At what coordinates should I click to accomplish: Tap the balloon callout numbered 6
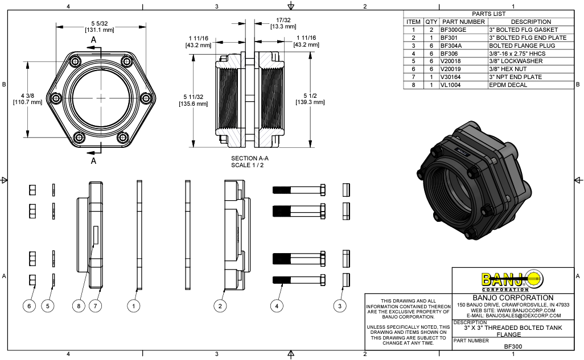(x=29, y=306)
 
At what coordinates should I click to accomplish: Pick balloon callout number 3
(x=340, y=306)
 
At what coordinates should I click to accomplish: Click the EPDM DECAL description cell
(x=508, y=85)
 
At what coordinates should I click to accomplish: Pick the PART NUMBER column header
(x=463, y=22)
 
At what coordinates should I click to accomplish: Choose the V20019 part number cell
(x=452, y=69)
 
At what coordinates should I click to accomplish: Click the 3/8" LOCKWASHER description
(x=516, y=61)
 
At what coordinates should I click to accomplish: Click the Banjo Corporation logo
(x=512, y=280)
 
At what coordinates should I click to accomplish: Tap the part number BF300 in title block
(x=513, y=346)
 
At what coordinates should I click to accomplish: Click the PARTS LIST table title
(x=488, y=14)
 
